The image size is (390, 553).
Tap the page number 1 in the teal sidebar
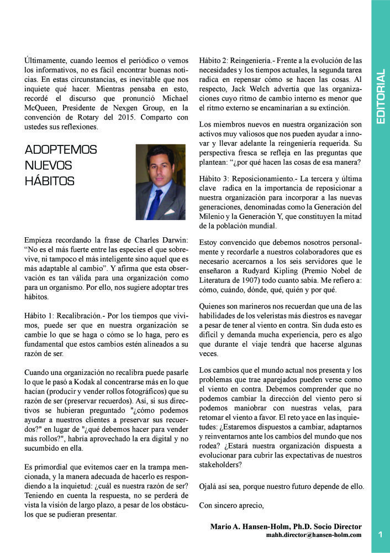(381, 534)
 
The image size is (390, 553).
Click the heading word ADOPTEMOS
(61, 150)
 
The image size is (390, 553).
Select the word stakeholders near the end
(219, 465)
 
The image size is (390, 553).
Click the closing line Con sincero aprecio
(231, 505)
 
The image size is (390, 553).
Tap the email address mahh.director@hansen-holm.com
(314, 535)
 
